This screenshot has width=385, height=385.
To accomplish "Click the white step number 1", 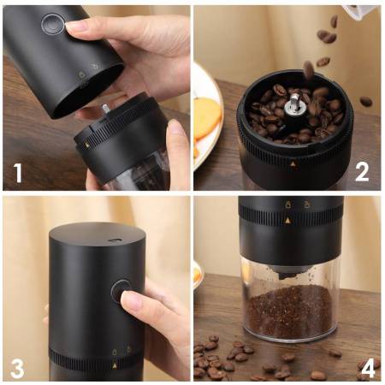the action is click(18, 173).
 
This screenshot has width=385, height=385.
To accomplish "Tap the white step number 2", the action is click(362, 172).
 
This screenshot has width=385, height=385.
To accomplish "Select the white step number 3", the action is click(17, 368).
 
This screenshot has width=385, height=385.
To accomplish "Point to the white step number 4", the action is click(368, 369).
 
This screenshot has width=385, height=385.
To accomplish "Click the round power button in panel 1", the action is click(52, 24).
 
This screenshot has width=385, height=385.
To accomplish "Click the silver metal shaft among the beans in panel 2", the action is click(293, 104).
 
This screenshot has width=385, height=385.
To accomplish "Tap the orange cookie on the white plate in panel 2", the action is click(207, 117).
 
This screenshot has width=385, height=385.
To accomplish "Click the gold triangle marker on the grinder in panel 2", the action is click(293, 164).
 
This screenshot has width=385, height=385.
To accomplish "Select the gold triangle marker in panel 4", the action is click(288, 220).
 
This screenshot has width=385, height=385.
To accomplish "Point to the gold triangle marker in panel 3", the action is click(115, 366).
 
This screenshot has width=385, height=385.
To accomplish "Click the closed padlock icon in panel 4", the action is click(288, 204).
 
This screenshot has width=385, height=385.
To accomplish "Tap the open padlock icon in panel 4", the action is click(306, 204).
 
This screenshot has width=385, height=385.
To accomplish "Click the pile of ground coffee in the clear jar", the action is click(289, 311).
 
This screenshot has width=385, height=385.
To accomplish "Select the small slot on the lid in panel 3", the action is click(114, 240).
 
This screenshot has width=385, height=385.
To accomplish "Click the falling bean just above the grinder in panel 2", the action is click(308, 70).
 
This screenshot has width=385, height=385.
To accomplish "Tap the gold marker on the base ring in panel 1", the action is click(87, 145).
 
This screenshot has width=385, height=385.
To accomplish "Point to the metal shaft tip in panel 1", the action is click(105, 109).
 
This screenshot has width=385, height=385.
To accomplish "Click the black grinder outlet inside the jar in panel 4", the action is click(287, 275).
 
